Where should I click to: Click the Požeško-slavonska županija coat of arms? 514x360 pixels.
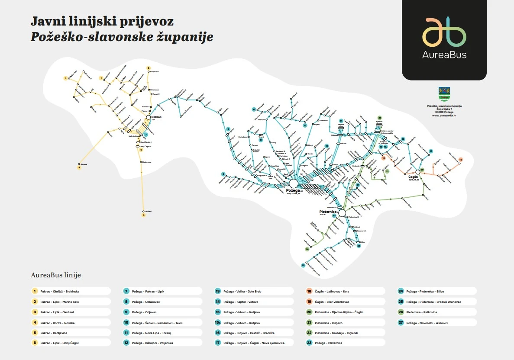coord(444,93)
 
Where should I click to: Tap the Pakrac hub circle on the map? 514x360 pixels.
coord(148,117)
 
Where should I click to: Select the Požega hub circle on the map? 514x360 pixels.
coord(294,183)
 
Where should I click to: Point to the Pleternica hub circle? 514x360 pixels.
coord(342,213)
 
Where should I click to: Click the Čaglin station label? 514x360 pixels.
coord(414,177)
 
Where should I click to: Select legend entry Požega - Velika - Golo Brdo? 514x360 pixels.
coord(242,291)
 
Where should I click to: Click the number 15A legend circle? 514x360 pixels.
coord(218,322)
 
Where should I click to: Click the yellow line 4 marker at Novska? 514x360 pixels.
coord(79,167)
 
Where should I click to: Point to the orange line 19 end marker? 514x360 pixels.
coord(461,160)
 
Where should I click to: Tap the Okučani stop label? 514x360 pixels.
coord(148,211)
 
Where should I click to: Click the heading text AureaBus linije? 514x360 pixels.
coord(56,275)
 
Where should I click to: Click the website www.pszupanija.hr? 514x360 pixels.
coord(444,116)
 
